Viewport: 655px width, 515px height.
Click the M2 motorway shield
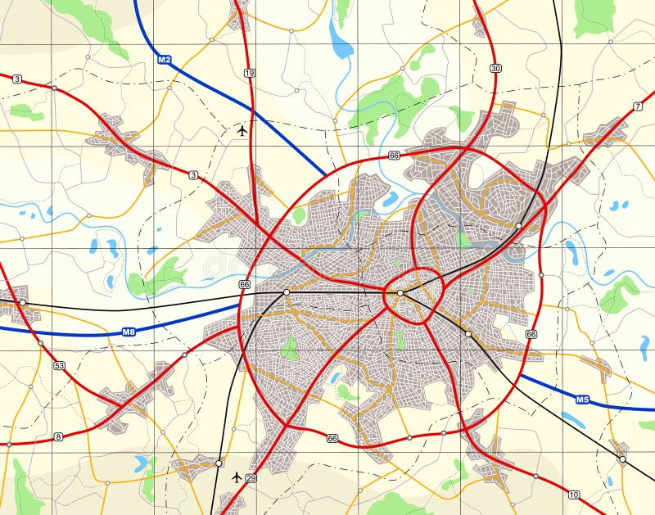click(165, 60)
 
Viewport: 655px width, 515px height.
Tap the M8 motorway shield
click(129, 332)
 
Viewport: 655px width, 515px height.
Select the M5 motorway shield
click(582, 400)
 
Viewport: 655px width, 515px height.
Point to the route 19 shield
click(250, 73)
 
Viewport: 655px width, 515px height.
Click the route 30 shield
click(495, 67)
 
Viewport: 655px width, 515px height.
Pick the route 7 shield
click(638, 106)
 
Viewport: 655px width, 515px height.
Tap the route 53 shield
click(59, 365)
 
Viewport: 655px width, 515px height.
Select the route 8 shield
click(58, 436)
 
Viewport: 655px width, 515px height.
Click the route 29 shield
click(251, 478)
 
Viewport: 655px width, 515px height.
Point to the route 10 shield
click(573, 495)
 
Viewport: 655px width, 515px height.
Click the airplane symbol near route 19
click(242, 129)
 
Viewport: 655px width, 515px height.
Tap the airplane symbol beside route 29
click(237, 477)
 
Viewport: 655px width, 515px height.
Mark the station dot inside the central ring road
click(400, 292)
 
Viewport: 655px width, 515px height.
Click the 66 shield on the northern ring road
click(395, 155)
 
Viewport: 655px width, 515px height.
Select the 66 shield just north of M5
click(532, 334)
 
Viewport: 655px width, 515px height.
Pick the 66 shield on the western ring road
click(244, 284)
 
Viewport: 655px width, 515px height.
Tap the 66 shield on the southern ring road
click(332, 439)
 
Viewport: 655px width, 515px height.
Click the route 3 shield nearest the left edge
click(16, 79)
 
